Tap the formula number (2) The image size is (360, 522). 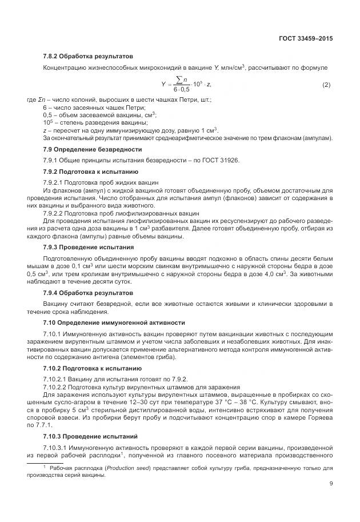326,85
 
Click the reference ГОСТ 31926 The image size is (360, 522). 218,160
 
